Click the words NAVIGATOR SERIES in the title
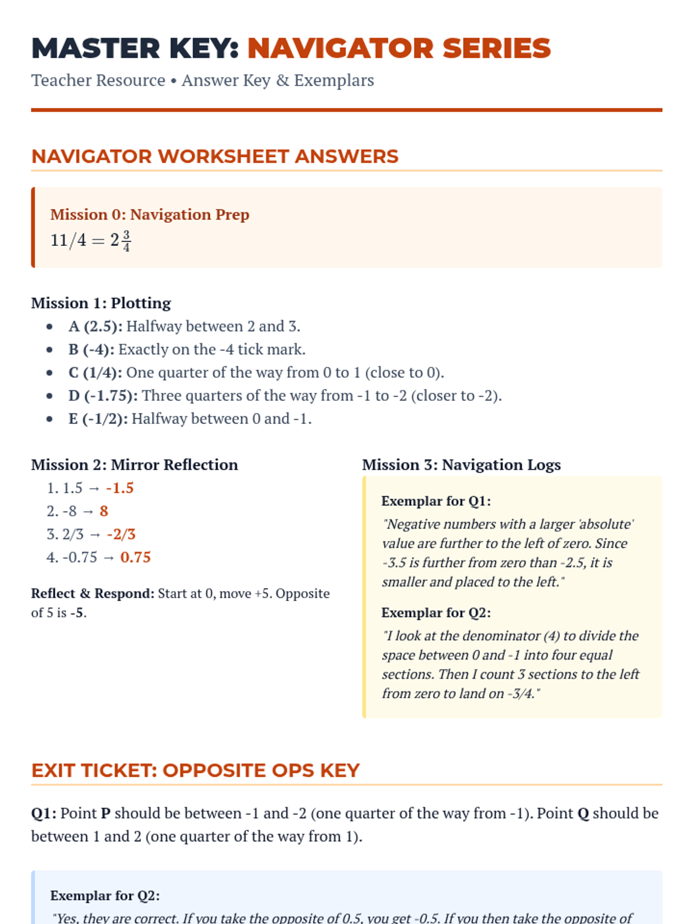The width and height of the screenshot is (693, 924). [399, 49]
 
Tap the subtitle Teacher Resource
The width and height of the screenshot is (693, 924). [98, 80]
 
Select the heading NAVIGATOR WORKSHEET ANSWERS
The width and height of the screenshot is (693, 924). [215, 157]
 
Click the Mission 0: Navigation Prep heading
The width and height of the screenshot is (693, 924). [150, 214]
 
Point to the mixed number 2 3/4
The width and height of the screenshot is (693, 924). [121, 240]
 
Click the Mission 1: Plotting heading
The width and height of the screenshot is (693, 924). [101, 303]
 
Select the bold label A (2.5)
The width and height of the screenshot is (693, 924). [95, 326]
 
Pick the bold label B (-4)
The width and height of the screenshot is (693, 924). [91, 349]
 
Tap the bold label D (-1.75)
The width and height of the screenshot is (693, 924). [103, 396]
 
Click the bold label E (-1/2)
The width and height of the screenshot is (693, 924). [98, 419]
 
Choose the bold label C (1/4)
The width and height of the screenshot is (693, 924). [95, 372]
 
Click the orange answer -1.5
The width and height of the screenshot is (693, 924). [120, 488]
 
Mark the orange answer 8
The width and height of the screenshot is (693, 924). [104, 511]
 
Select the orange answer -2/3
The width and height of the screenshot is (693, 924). [121, 534]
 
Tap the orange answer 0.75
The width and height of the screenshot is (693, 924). [135, 557]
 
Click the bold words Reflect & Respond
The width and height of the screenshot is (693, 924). [92, 594]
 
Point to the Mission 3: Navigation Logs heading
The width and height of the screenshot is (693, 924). [461, 465]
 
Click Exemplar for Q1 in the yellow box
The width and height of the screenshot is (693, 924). [436, 501]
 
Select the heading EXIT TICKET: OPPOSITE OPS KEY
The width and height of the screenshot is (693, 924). [195, 770]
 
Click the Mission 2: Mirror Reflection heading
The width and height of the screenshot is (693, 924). [135, 465]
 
